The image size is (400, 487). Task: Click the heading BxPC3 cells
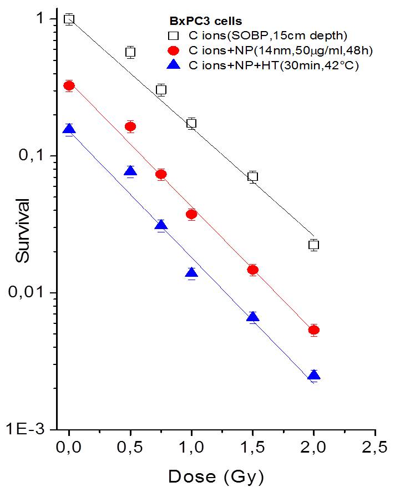(205, 22)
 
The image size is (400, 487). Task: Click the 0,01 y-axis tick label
(36, 293)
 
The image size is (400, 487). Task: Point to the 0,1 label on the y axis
(40, 156)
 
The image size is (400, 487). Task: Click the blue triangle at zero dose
(69, 130)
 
